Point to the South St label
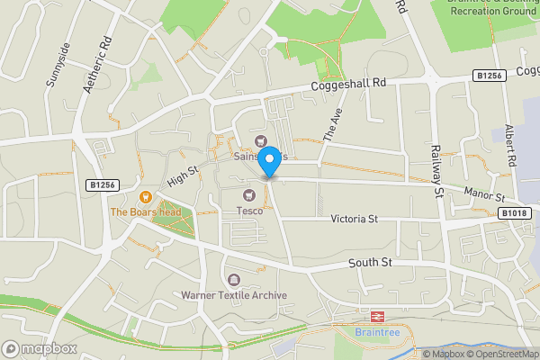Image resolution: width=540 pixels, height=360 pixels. [371, 263]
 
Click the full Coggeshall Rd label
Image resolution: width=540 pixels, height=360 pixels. [348, 82]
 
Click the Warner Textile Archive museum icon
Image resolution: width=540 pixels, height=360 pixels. [234, 281]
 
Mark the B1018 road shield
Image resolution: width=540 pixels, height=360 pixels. [515, 212]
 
